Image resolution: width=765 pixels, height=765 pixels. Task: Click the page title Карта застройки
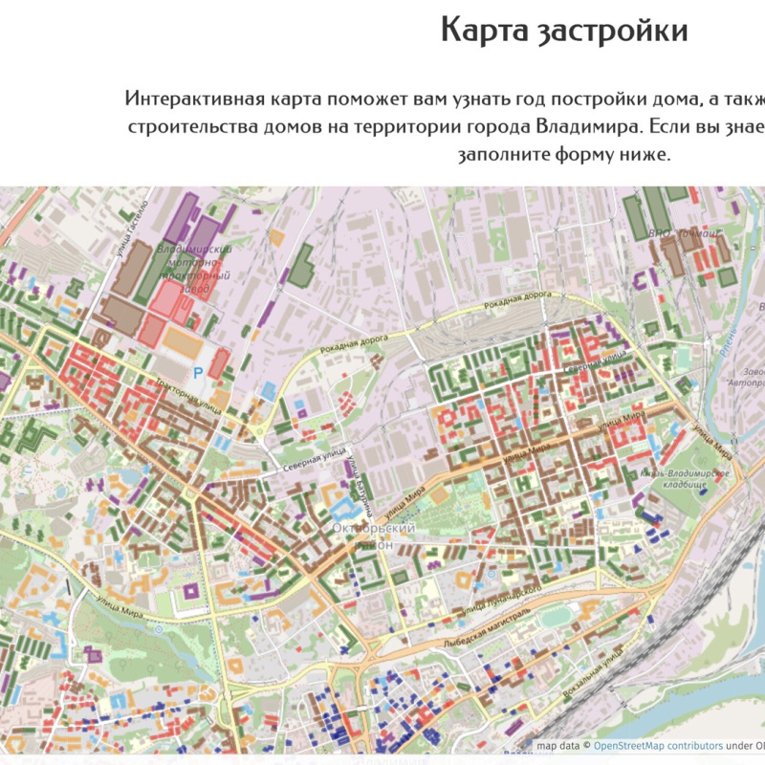pyautogui.click(x=564, y=32)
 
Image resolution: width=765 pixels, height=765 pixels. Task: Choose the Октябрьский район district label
pyautogui.click(x=373, y=535)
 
